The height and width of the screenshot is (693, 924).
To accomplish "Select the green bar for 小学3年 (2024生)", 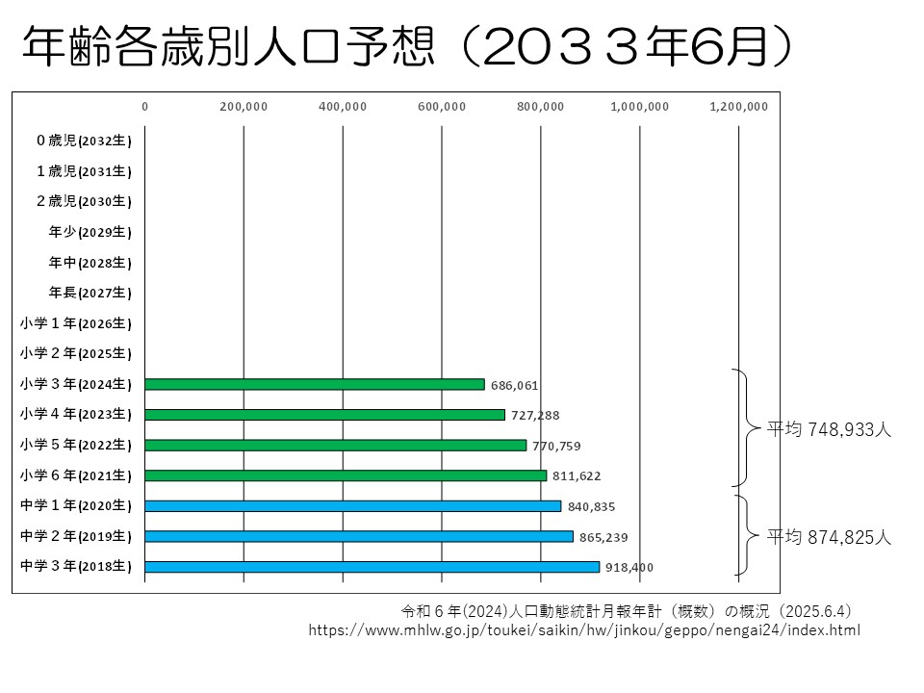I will point(315,384).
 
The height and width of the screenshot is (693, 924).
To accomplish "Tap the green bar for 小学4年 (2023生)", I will point(324,415).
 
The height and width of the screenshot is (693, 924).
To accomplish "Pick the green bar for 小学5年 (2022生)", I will point(336,445).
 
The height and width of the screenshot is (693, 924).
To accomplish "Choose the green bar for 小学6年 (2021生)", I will point(346,475).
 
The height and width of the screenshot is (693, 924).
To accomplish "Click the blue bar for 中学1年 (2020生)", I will point(352,505).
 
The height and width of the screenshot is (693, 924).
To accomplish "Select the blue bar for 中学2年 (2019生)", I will point(359,536).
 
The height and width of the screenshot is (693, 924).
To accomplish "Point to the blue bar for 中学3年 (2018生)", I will point(372,567).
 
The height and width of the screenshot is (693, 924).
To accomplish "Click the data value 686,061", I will point(514,385).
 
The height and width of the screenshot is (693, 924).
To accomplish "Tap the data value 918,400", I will point(629,568).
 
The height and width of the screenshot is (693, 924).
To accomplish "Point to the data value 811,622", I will point(577,476).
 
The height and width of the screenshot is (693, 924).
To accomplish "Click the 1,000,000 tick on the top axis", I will point(640,107).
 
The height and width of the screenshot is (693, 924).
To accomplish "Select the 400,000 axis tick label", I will point(343,107).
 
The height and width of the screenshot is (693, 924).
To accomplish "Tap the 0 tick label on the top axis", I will point(145,107).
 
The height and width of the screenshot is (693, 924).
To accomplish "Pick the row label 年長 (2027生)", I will point(90,293).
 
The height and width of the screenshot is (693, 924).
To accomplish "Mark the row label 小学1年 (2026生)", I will point(75,323).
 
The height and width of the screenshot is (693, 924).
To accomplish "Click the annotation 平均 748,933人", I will point(829,430).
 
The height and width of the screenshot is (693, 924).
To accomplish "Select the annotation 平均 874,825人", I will point(829,538).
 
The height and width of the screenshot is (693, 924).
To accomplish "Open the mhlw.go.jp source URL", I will point(584,630).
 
